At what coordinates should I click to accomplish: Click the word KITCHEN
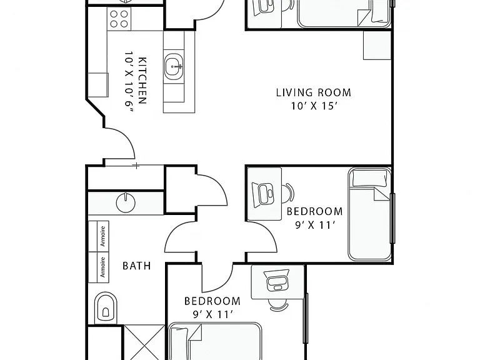tap(142, 81)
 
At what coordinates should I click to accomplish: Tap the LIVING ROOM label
tap(314, 92)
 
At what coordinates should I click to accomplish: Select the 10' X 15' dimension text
tap(314, 106)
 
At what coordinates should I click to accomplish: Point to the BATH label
tap(136, 266)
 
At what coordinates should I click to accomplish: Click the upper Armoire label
tap(103, 236)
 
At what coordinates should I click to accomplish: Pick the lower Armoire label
tap(103, 267)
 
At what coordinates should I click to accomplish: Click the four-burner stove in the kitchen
tap(119, 19)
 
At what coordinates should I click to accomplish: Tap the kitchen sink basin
tap(174, 67)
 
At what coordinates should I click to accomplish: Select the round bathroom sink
tap(126, 202)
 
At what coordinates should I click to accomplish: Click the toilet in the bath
tap(106, 308)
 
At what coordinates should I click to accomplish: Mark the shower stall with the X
tap(144, 342)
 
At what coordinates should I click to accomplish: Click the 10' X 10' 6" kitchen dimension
tap(129, 82)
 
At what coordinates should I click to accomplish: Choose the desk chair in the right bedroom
tap(288, 193)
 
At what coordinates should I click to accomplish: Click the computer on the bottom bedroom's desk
tap(277, 281)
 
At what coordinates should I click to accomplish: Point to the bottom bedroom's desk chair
tap(278, 305)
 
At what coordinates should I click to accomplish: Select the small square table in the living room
tap(377, 45)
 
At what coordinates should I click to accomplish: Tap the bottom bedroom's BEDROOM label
tap(212, 301)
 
